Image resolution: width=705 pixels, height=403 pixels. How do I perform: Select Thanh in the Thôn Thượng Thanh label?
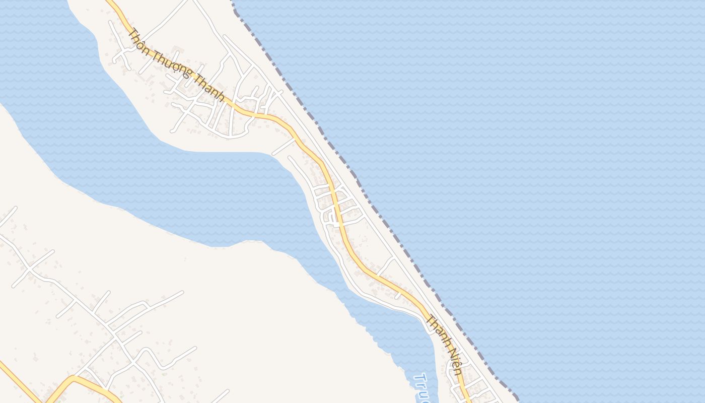(x=207, y=91)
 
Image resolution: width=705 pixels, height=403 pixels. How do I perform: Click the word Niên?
(x=454, y=361)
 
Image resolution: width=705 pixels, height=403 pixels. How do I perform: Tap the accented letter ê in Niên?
(x=455, y=364)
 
